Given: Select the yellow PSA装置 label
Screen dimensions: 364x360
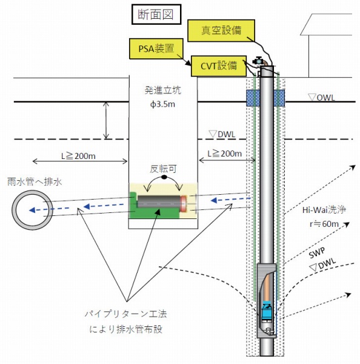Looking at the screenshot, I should [154, 47].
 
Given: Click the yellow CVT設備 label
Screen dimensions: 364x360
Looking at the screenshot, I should [217, 66].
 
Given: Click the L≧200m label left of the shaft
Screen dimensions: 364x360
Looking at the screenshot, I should [79, 156].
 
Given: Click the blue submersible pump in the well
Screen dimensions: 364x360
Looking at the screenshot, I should [266, 314].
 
